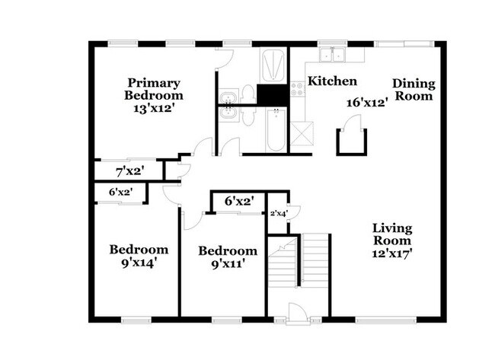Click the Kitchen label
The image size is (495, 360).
pyautogui.click(x=331, y=81)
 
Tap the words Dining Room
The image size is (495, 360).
pyautogui.click(x=413, y=90)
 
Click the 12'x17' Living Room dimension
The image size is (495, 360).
pyautogui.click(x=392, y=254)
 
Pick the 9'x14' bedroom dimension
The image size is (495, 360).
pyautogui.click(x=138, y=263)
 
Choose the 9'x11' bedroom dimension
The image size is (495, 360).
pyautogui.click(x=228, y=265)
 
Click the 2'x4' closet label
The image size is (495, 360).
pyautogui.click(x=279, y=214)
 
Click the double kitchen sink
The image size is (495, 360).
pyautogui.click(x=332, y=55)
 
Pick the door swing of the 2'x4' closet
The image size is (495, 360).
pyautogui.click(x=297, y=214)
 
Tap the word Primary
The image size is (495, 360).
pyautogui.click(x=153, y=83)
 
